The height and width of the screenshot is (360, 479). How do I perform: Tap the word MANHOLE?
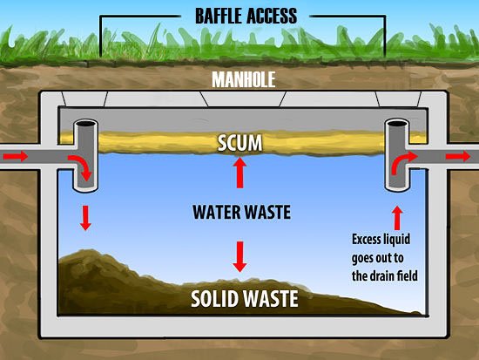244,80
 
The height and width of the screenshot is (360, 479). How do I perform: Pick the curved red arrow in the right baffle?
403,163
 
